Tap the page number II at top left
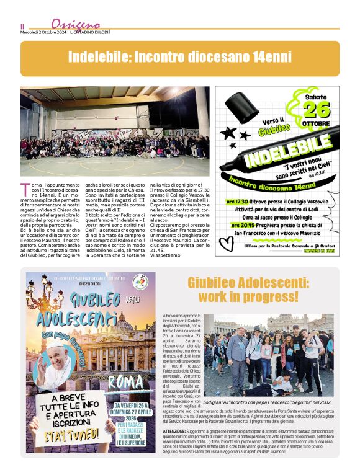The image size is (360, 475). (x=22, y=25)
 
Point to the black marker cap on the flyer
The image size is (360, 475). (x=241, y=107)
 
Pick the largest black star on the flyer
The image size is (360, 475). (x=228, y=132)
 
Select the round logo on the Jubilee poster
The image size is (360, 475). (x=140, y=282)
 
